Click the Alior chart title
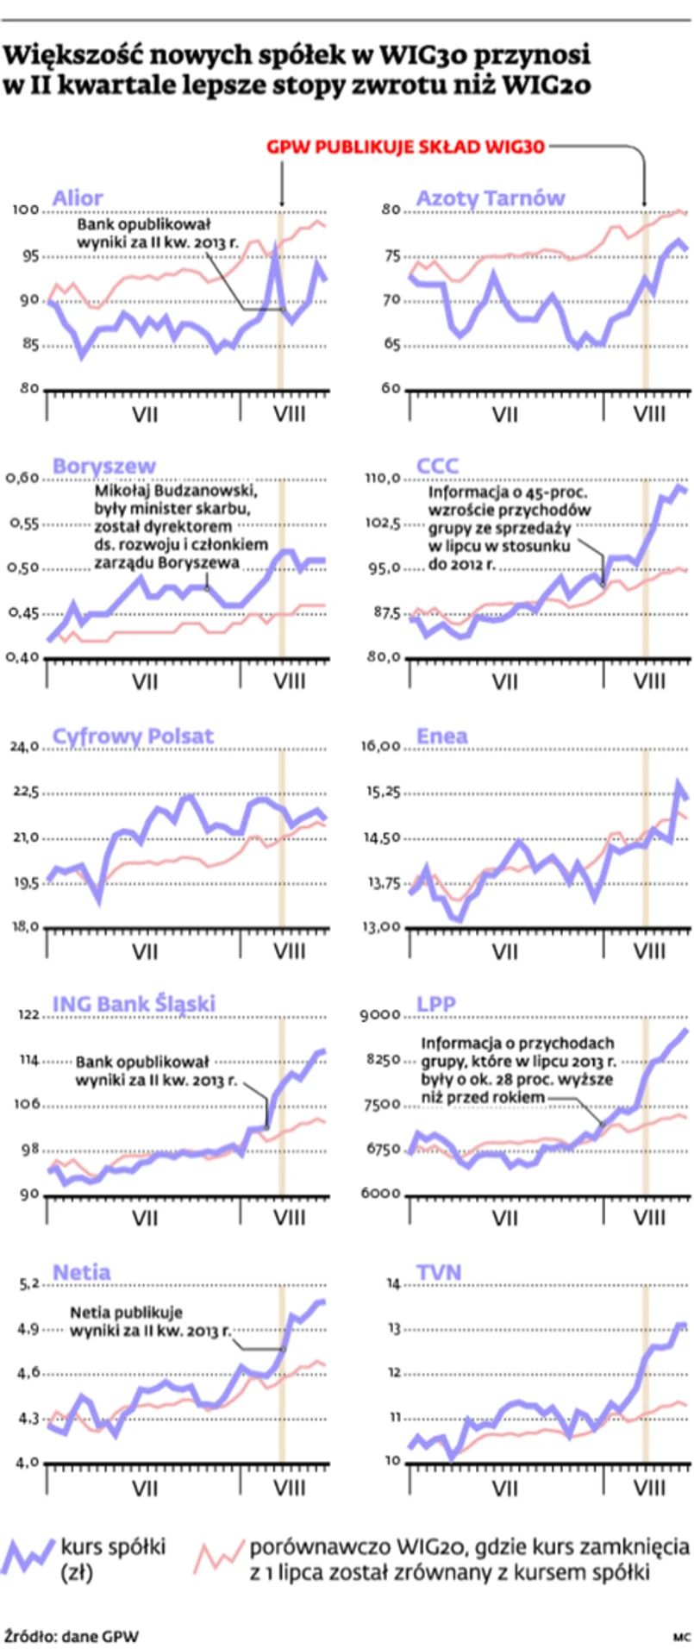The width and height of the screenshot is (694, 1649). pyautogui.click(x=78, y=198)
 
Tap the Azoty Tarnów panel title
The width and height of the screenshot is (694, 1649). pyautogui.click(x=490, y=198)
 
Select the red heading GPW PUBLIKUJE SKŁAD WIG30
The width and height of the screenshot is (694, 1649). pyautogui.click(x=405, y=147)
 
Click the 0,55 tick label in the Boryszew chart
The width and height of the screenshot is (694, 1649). pyautogui.click(x=22, y=524)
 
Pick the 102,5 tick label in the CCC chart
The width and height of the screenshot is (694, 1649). pyautogui.click(x=381, y=524)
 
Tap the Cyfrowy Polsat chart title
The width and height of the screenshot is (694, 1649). pyautogui.click(x=133, y=736)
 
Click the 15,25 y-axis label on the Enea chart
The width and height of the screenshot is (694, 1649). pyautogui.click(x=381, y=792)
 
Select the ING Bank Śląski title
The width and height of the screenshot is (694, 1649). pyautogui.click(x=134, y=1004)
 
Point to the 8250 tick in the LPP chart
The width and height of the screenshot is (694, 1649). pyautogui.click(x=383, y=1060)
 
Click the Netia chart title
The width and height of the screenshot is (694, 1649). pyautogui.click(x=81, y=1272)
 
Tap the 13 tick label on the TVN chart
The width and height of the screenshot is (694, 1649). pyautogui.click(x=394, y=1329)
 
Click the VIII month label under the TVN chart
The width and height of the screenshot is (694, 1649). pyautogui.click(x=648, y=1487)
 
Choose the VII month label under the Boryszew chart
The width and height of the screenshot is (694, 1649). pyautogui.click(x=145, y=682)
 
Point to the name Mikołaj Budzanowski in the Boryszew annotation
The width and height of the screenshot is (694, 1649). pyautogui.click(x=176, y=491)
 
